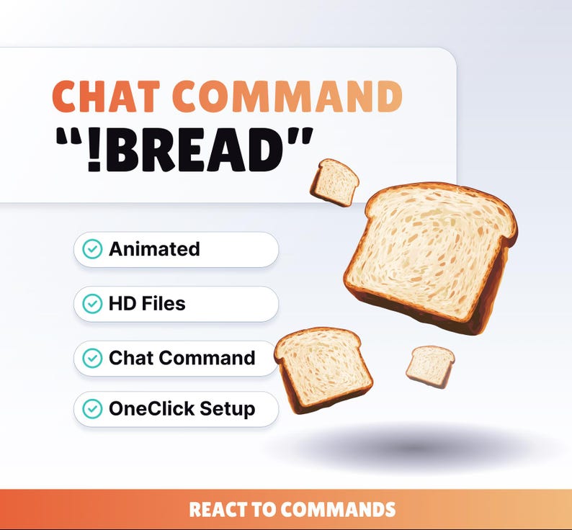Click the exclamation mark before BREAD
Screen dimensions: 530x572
pyautogui.click(x=94, y=151)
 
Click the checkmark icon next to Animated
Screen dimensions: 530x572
pyautogui.click(x=92, y=249)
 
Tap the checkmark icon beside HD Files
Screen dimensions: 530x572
pyautogui.click(x=92, y=304)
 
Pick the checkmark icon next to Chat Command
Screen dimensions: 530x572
pyautogui.click(x=92, y=358)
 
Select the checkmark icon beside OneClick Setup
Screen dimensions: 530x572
pyautogui.click(x=92, y=409)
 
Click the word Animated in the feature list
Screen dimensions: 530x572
pyautogui.click(x=154, y=249)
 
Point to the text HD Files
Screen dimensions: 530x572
pyautogui.click(x=147, y=304)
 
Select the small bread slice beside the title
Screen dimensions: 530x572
pyautogui.click(x=334, y=181)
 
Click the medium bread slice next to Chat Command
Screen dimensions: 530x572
pyautogui.click(x=323, y=369)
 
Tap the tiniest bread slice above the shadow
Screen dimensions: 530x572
pyautogui.click(x=430, y=366)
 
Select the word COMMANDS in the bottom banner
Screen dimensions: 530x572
pyautogui.click(x=338, y=510)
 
